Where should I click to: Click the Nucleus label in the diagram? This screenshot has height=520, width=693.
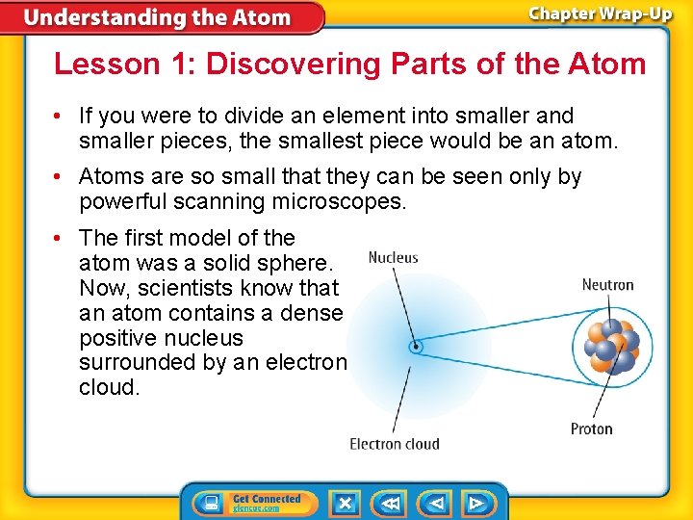pyautogui.click(x=394, y=258)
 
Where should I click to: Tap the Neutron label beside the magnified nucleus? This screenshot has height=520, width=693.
pyautogui.click(x=607, y=285)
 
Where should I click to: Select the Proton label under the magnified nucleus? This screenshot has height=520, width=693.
pyautogui.click(x=591, y=429)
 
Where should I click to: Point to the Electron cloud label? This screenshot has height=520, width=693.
pyautogui.click(x=394, y=444)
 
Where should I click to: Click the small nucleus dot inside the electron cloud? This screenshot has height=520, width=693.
pyautogui.click(x=415, y=347)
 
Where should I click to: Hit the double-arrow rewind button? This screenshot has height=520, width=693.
pyautogui.click(x=390, y=503)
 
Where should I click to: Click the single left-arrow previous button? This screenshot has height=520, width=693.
pyautogui.click(x=435, y=503)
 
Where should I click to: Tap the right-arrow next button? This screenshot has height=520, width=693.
pyautogui.click(x=476, y=503)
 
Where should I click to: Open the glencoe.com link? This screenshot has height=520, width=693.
pyautogui.click(x=256, y=508)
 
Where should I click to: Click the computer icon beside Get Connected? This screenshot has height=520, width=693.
pyautogui.click(x=209, y=503)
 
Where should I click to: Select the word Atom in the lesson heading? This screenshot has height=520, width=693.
pyautogui.click(x=608, y=65)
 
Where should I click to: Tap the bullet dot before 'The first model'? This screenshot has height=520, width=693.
pyautogui.click(x=61, y=238)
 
